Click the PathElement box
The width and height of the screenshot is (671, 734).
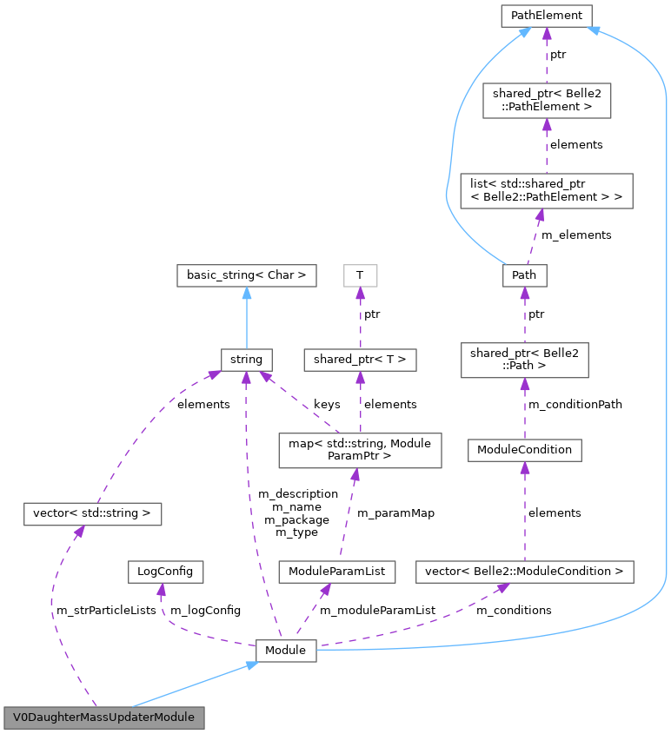[546, 15]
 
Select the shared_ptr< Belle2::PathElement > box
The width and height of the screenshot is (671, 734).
[546, 99]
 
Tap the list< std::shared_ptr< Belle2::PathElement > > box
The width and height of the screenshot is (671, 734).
[546, 190]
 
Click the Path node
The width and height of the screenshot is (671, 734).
[524, 275]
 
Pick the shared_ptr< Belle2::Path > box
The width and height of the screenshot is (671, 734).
[524, 359]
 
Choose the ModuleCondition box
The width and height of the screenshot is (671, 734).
[524, 449]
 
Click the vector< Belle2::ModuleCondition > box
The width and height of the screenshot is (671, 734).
[524, 572]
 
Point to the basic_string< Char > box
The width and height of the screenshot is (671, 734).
[246, 275]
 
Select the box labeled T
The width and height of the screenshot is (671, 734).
[359, 275]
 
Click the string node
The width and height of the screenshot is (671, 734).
[246, 359]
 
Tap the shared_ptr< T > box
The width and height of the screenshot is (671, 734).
[359, 359]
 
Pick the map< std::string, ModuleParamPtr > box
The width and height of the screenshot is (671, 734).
[359, 450]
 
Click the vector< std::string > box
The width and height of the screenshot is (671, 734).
[92, 513]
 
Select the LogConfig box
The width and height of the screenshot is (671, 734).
[165, 572]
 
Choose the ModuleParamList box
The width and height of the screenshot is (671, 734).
[336, 572]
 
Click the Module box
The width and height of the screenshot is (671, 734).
[285, 650]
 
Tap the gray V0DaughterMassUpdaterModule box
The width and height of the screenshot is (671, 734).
[104, 718]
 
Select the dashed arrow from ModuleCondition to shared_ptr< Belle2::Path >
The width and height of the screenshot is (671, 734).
[524, 408]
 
